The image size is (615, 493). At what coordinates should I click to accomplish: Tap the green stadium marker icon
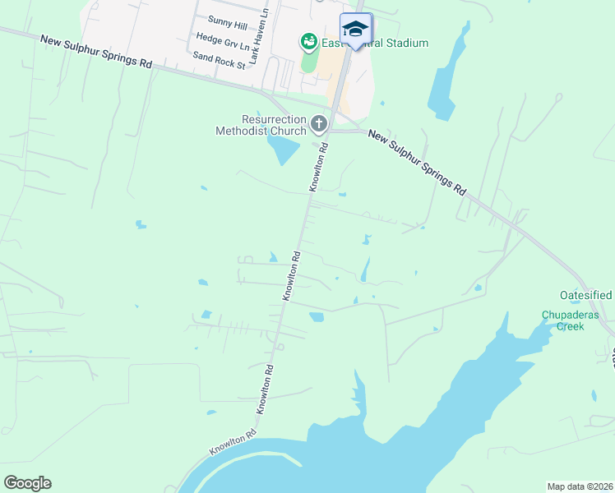[x=309, y=40]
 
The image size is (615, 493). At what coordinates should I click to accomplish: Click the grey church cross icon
[x=319, y=125]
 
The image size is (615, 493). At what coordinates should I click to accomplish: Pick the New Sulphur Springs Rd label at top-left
[x=97, y=51]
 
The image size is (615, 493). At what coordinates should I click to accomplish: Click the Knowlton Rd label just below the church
[x=319, y=168]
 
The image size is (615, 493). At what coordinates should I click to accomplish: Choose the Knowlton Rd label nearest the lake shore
[x=233, y=441]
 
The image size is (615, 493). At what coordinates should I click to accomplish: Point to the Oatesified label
[x=586, y=295]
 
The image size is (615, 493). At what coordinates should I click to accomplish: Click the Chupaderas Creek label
[x=562, y=320]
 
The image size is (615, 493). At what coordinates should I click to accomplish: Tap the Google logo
[x=27, y=483]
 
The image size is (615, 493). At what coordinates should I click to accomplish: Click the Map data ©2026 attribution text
[x=580, y=486]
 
